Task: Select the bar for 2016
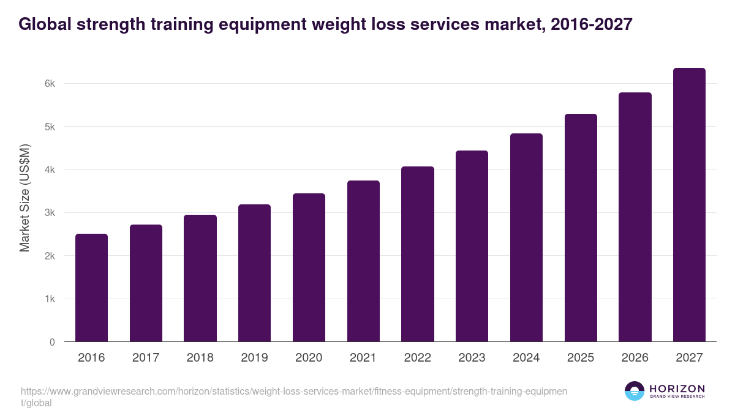pos(91,288)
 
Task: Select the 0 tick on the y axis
pos(52,342)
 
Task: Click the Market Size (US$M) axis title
pos(24,198)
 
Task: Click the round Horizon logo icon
pos(635,391)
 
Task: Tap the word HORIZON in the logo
pos(677,389)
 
